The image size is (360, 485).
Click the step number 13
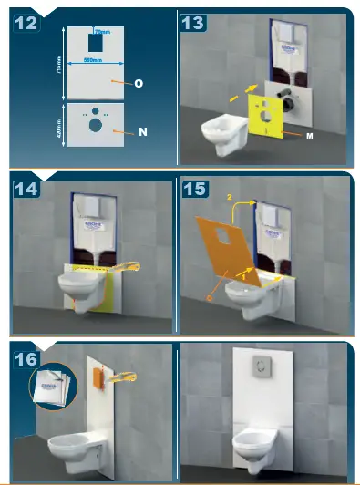(193, 23)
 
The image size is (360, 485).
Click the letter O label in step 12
(139, 83)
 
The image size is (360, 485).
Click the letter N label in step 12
(142, 132)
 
